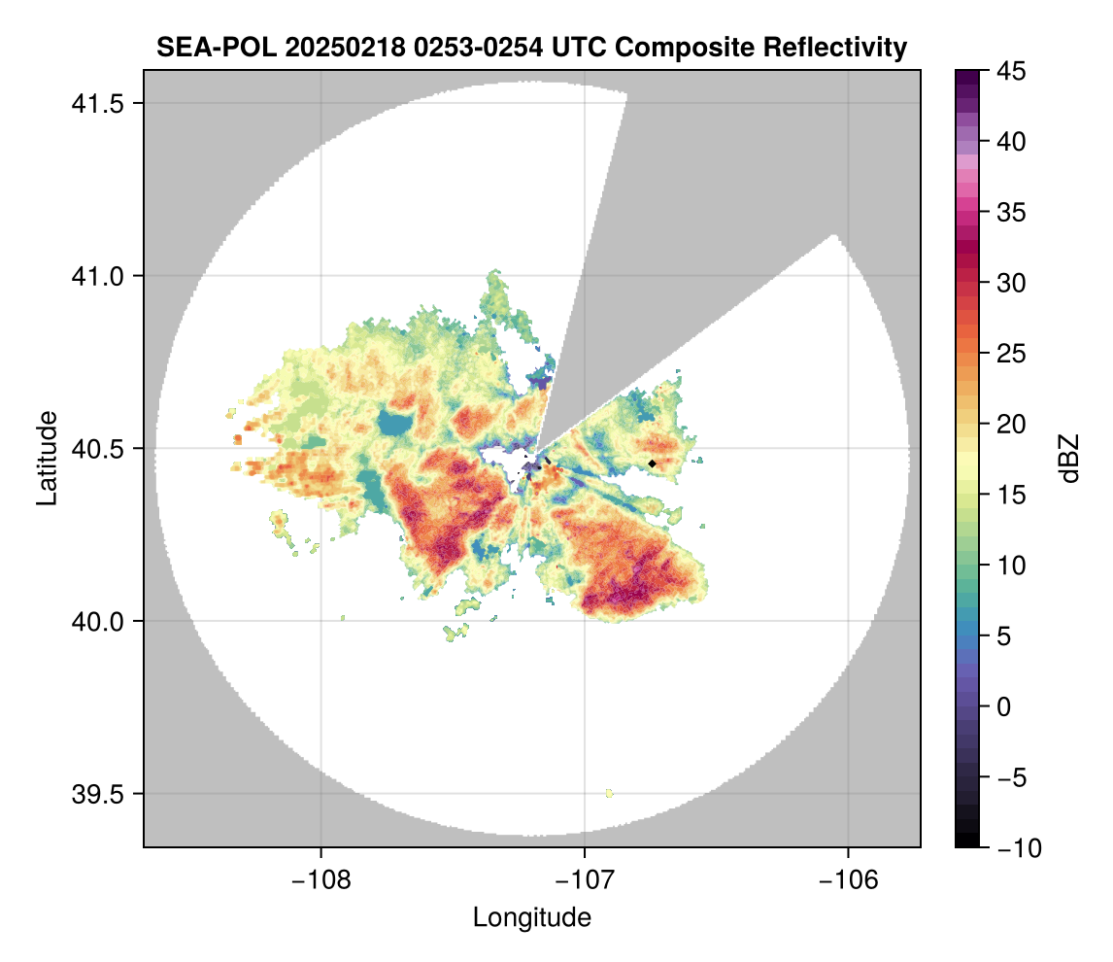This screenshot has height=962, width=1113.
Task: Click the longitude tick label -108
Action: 320,879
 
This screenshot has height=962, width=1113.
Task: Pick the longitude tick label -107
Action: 585,879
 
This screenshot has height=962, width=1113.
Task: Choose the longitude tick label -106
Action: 849,879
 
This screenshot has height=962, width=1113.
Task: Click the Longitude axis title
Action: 531,917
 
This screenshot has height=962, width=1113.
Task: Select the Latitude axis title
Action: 47,458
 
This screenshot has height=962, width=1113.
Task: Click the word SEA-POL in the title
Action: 210,47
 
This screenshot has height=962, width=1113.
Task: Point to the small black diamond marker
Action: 652,464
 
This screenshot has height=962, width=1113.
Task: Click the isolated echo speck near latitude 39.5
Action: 609,794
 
